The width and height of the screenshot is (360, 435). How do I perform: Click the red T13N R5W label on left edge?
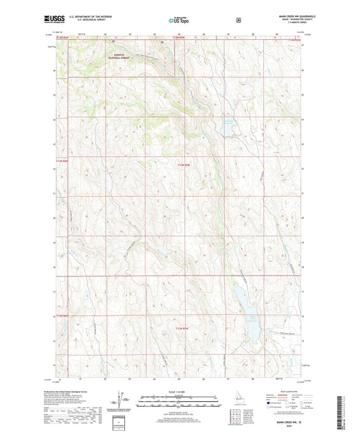coord(61,160)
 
